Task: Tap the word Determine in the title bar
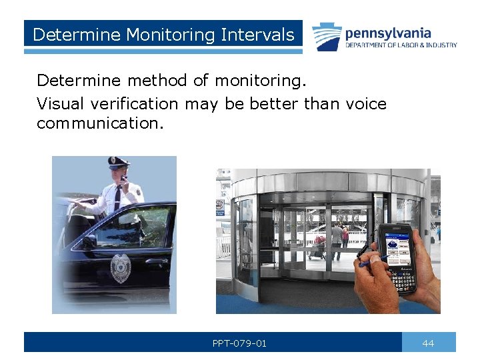click(x=69, y=34)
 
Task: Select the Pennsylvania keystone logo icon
click(x=327, y=37)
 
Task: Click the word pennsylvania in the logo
click(x=388, y=33)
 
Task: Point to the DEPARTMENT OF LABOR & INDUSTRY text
click(x=401, y=45)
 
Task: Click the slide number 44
click(x=428, y=343)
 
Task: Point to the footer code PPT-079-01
click(x=239, y=343)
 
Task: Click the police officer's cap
click(x=118, y=161)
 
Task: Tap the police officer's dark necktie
click(x=117, y=197)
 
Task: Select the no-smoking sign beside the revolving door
click(x=220, y=206)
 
